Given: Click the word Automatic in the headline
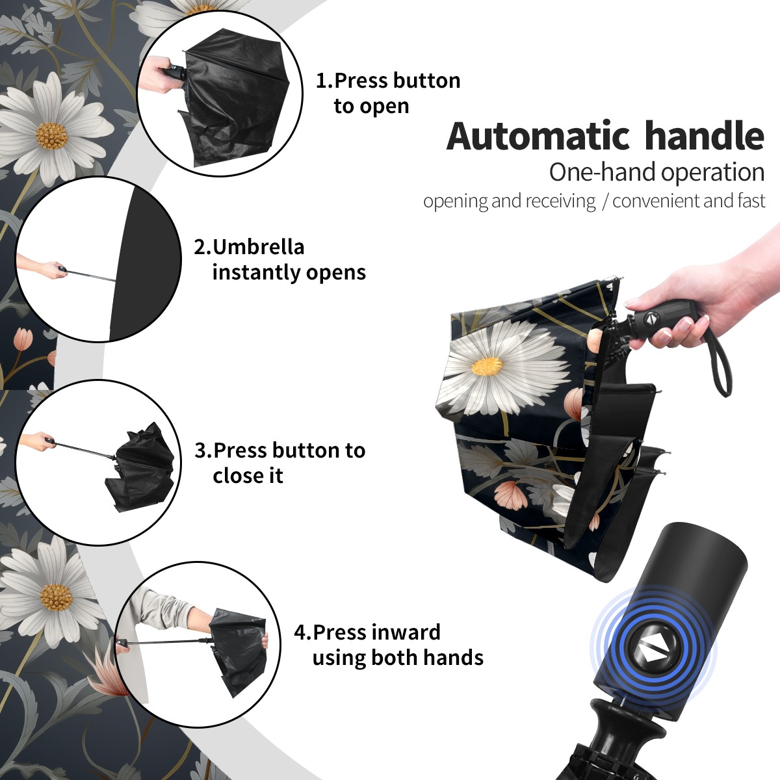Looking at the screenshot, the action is pyautogui.click(x=538, y=136).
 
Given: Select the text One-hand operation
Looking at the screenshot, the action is pyautogui.click(x=656, y=172).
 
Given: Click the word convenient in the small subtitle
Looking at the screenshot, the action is pyautogui.click(x=656, y=201).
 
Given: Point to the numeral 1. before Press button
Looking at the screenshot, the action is pyautogui.click(x=324, y=81).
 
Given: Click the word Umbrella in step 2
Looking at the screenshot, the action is pyautogui.click(x=258, y=247).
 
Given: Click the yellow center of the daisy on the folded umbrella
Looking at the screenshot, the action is pyautogui.click(x=487, y=366).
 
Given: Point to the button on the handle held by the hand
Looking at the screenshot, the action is pyautogui.click(x=651, y=319).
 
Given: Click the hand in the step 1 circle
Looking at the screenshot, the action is pyautogui.click(x=158, y=74).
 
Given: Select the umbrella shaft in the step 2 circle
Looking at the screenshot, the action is pyautogui.click(x=92, y=275).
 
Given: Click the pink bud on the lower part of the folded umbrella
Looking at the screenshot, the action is pyautogui.click(x=510, y=495).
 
